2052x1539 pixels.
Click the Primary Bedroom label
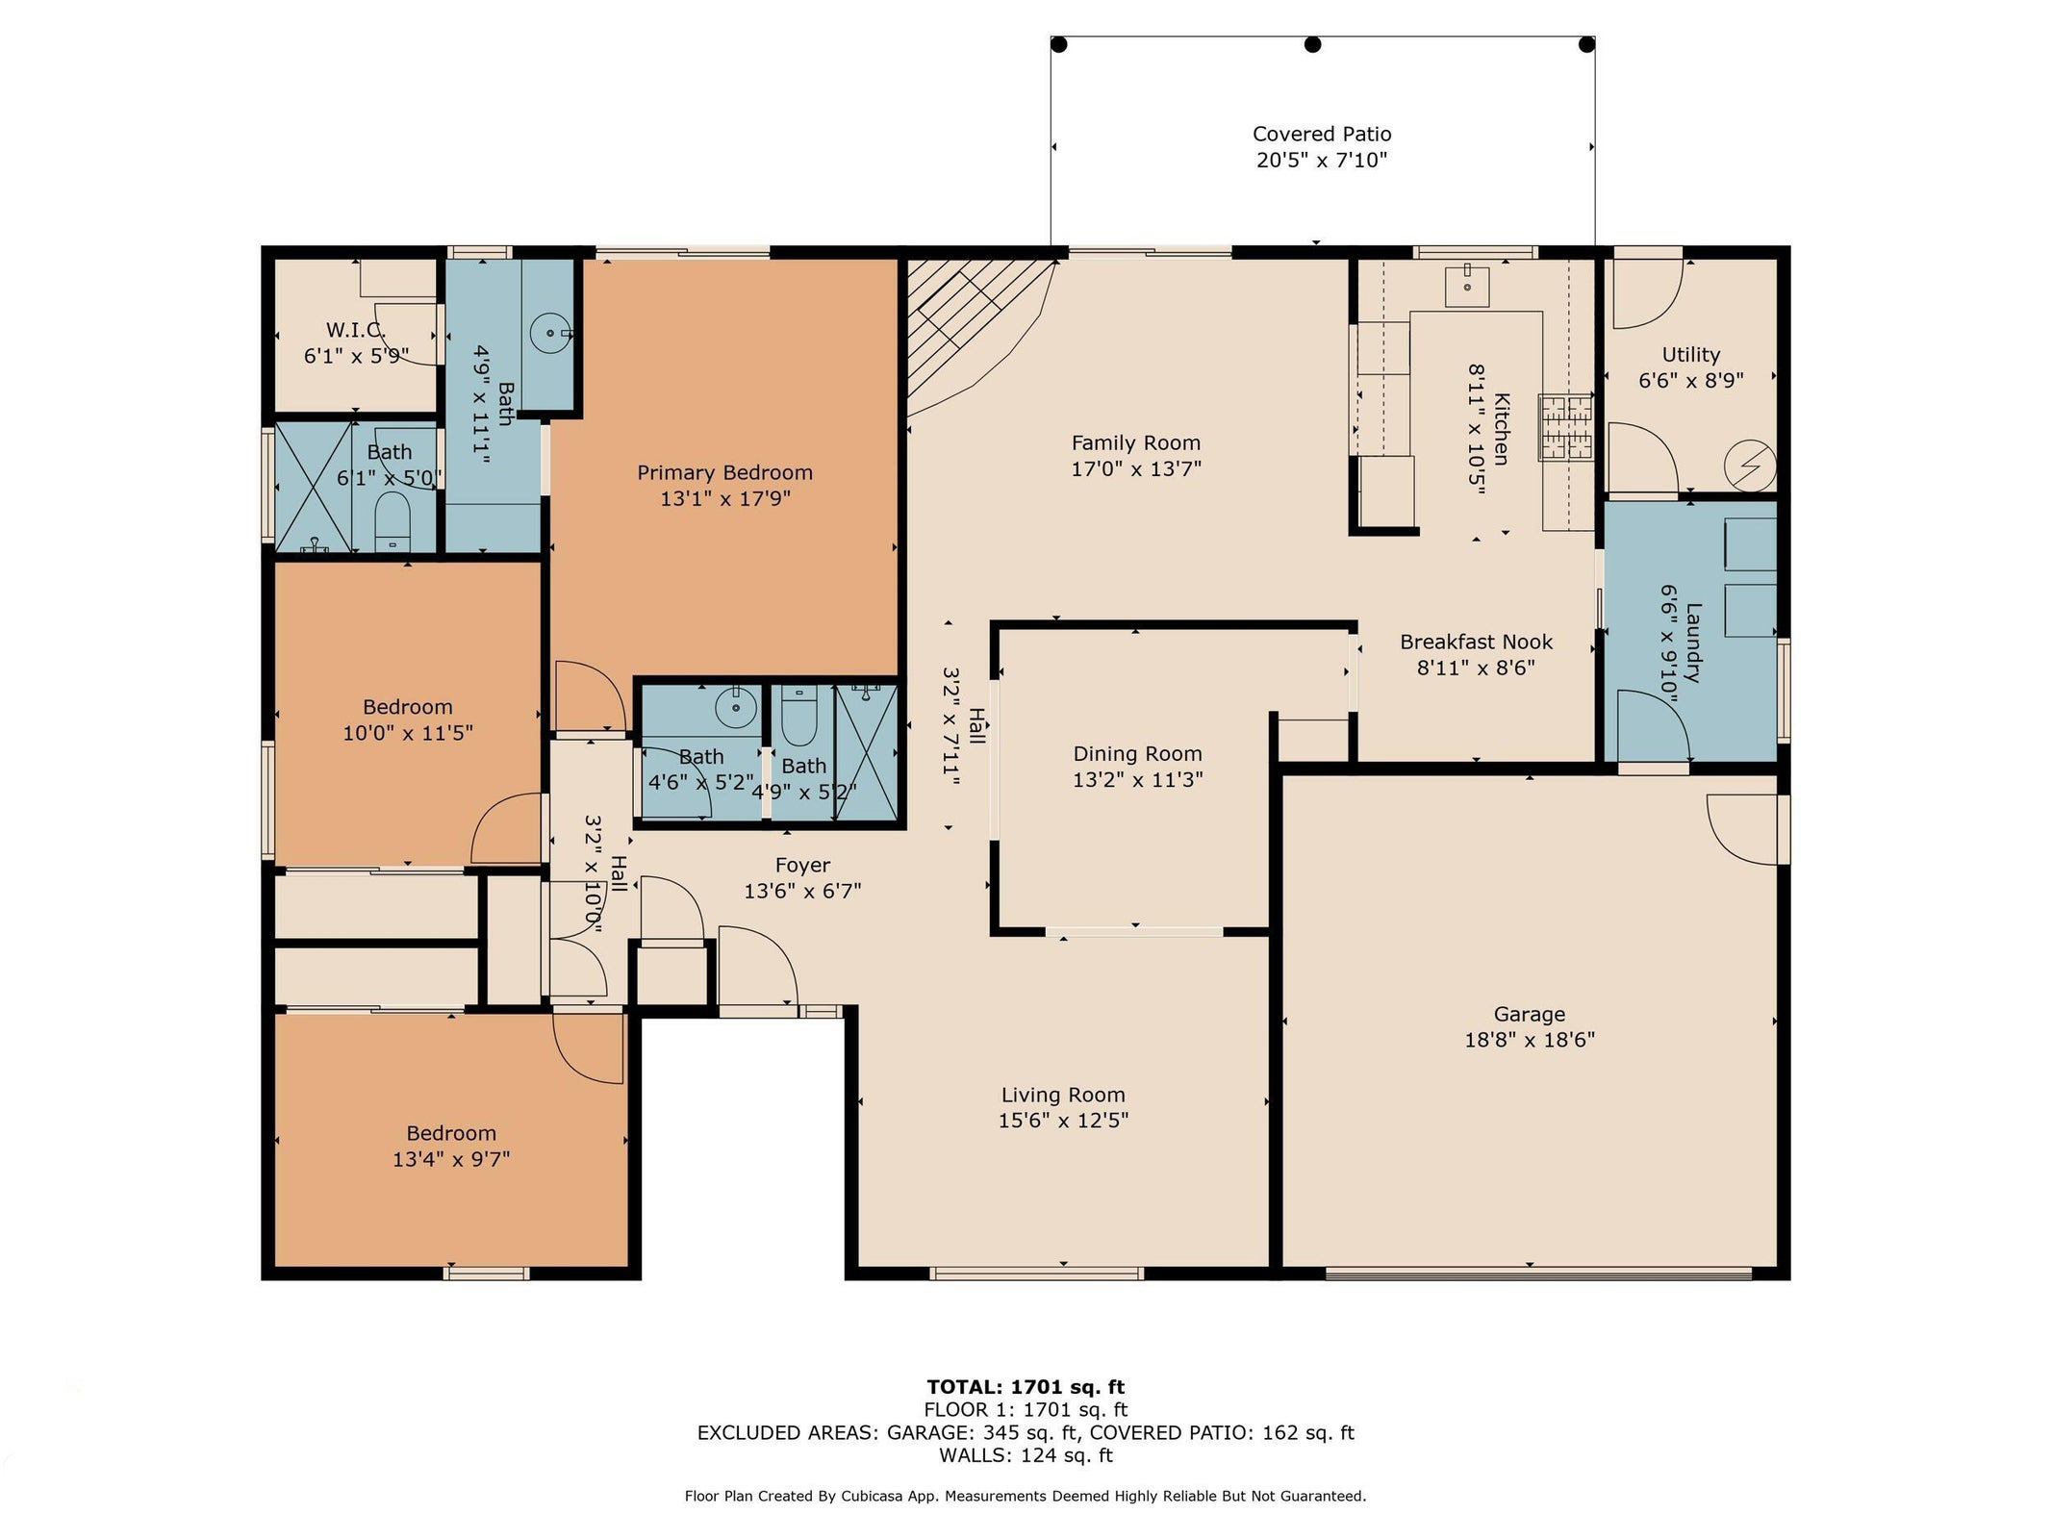click(x=724, y=472)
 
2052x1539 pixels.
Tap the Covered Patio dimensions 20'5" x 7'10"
click(x=1322, y=160)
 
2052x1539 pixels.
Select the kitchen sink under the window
click(x=1467, y=285)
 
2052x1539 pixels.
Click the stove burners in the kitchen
click(x=1566, y=427)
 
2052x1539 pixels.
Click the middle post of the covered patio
click(x=1312, y=44)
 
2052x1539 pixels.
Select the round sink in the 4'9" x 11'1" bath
click(x=551, y=333)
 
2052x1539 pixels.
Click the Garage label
click(x=1529, y=1014)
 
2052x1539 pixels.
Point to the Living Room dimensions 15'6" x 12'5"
click(x=1063, y=1121)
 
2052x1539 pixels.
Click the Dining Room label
click(x=1137, y=754)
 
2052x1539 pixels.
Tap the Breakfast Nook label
click(x=1476, y=642)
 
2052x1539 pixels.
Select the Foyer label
click(x=802, y=865)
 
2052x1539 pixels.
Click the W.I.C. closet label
click(x=356, y=330)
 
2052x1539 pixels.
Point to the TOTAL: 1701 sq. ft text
click(x=1026, y=1387)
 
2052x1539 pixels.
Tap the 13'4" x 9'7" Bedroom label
click(x=450, y=1133)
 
